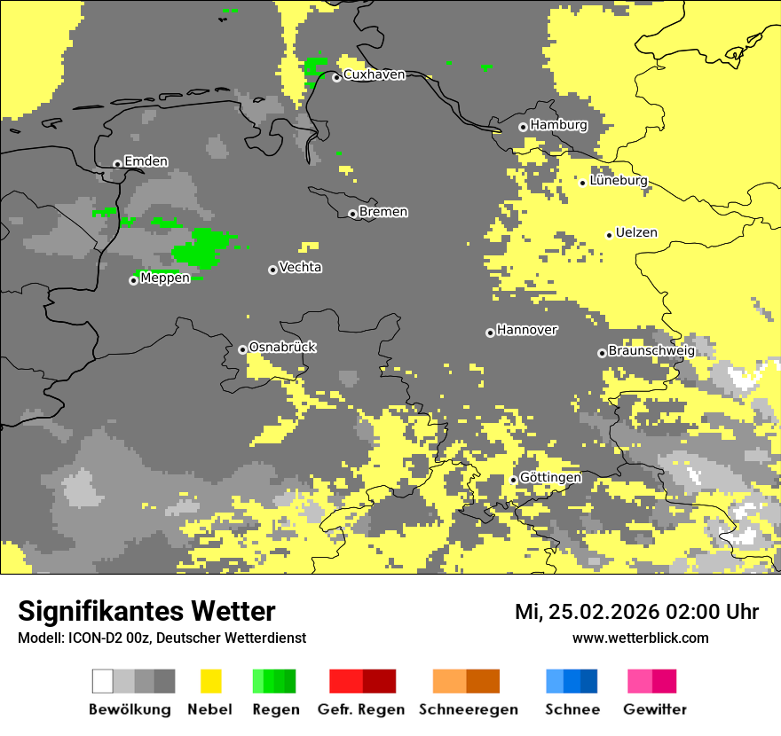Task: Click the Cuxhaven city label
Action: coord(374,75)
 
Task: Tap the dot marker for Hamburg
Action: coord(523,127)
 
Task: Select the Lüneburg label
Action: coord(619,181)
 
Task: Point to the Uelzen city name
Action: coord(636,233)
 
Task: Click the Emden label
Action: coord(146,161)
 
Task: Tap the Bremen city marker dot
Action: coord(352,214)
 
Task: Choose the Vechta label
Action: coord(300,268)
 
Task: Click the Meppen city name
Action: coord(165,278)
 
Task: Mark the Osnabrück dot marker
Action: coord(242,349)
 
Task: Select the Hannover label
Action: coord(527,330)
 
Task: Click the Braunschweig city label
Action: coord(651,351)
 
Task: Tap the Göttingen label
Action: coord(550,478)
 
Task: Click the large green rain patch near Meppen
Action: coord(202,248)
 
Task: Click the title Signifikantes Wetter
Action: coord(146,612)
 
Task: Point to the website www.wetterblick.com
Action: coord(640,638)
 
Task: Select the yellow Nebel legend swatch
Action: coord(210,681)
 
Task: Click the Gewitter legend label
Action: coord(654,709)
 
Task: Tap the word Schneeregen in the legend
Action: coord(468,709)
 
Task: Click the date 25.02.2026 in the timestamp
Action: coord(603,613)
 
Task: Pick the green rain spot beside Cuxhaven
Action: coord(315,67)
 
